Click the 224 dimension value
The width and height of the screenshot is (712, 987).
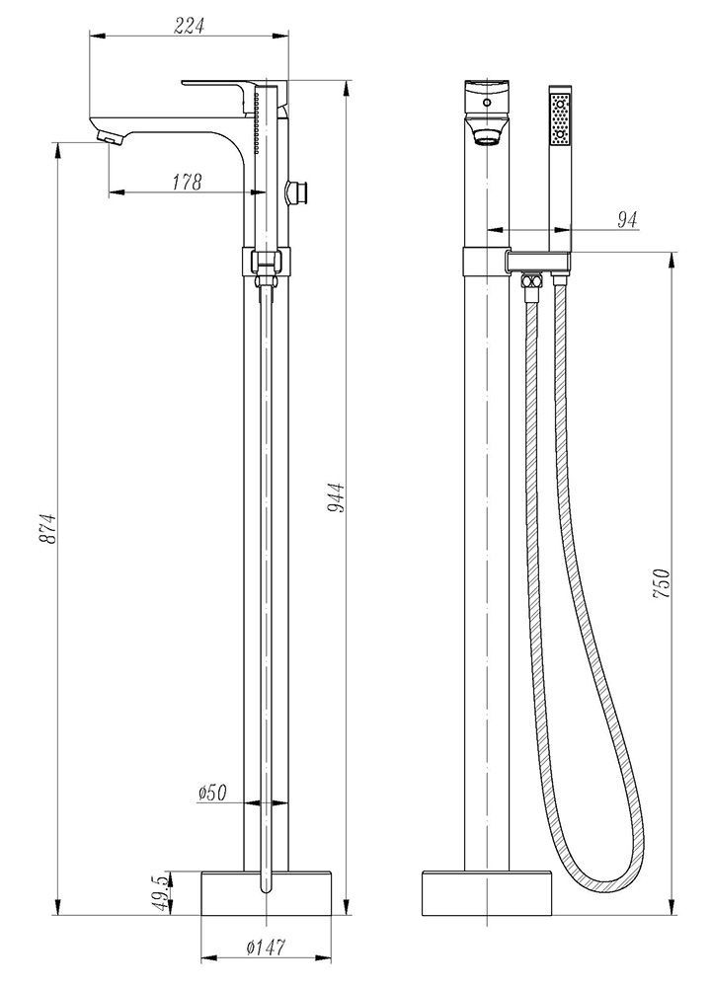coord(190,26)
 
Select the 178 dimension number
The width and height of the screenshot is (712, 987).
coord(188,182)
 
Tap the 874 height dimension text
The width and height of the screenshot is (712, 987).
coord(47,529)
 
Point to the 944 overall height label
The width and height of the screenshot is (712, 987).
coord(336,497)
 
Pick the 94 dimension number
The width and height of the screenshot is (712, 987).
coord(627,219)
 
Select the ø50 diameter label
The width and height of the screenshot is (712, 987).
coord(212,793)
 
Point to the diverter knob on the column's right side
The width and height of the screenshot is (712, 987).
coord(298,191)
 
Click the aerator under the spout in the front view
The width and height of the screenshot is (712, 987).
coord(486,135)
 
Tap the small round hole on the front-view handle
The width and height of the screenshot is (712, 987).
coord(486,102)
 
